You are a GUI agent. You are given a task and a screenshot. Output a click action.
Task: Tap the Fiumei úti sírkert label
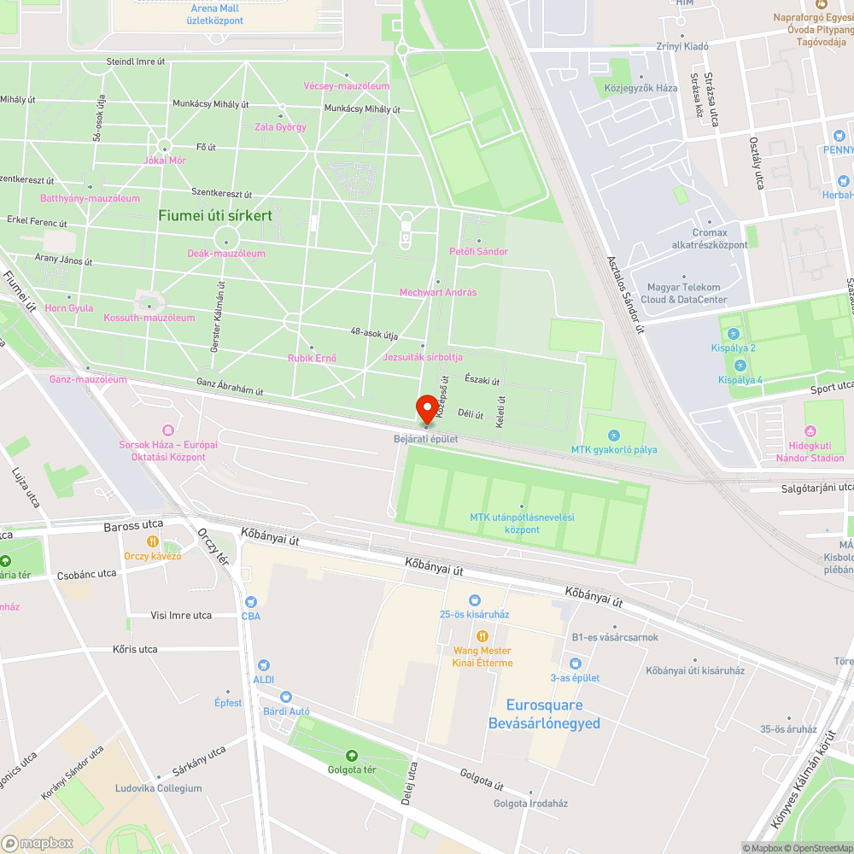pos(215,215)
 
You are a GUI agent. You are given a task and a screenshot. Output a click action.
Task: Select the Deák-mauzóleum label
pos(226,254)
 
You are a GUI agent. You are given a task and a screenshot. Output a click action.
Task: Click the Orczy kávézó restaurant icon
pos(153,541)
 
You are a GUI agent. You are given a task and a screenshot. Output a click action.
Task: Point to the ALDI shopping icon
pos(264,664)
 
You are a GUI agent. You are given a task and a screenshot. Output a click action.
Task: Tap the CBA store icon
pos(251,601)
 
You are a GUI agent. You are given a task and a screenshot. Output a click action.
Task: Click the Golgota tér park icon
pos(352,755)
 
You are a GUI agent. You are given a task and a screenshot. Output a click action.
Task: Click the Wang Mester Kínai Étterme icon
pos(483,635)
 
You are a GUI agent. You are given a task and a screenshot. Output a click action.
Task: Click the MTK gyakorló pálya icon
pos(614,436)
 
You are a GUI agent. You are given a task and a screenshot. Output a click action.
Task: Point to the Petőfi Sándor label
pos(478,251)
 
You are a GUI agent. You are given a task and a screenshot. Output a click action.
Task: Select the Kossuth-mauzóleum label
pos(149,318)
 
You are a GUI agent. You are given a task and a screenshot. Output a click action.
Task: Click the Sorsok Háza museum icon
pos(167,430)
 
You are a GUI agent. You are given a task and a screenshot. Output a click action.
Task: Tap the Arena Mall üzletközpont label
pos(215,15)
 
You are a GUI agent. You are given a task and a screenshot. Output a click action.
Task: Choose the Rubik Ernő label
pos(312,358)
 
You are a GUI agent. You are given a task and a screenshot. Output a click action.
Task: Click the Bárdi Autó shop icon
pos(286,697)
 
